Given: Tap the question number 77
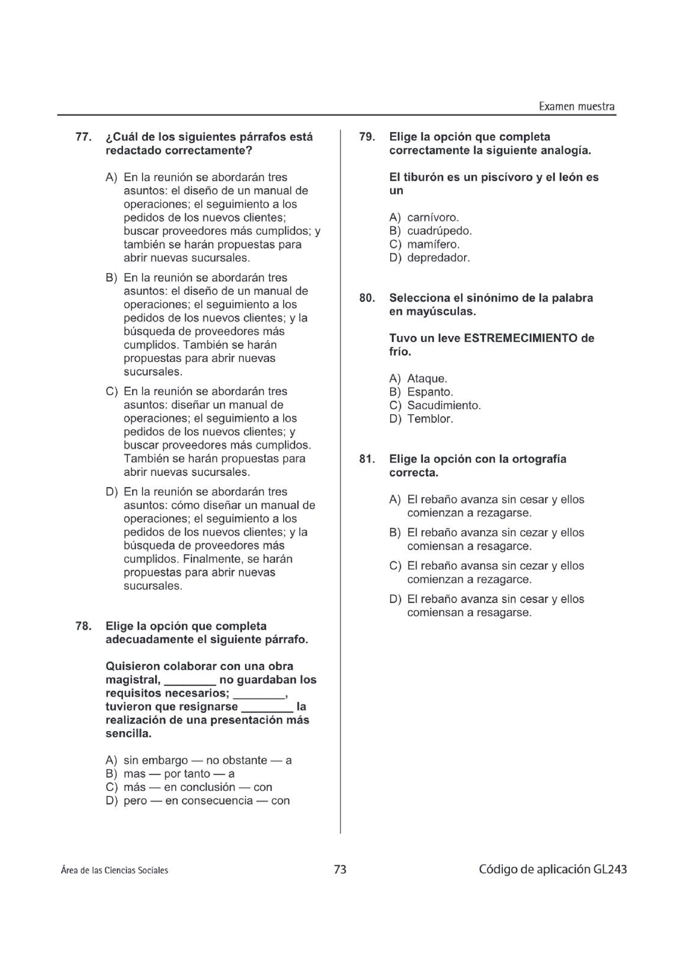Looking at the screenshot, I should [x=83, y=137].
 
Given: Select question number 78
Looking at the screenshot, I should [x=83, y=626].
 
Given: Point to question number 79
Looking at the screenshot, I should [x=367, y=137].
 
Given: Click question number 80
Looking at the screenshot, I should [x=367, y=298].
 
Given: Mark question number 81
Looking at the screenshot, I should [x=367, y=459].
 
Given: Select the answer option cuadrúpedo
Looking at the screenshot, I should [x=439, y=231].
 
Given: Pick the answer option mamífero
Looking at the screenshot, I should [x=433, y=245].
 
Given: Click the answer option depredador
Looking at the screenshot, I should [x=439, y=258].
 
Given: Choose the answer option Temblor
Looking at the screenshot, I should [x=430, y=419].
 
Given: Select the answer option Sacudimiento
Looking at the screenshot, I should [x=444, y=406].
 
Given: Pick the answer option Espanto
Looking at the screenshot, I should [x=430, y=392].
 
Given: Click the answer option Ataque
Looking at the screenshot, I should [x=427, y=379].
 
